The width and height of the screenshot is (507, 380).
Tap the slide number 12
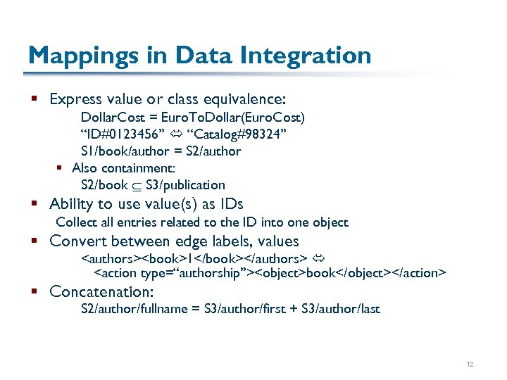pyautogui.click(x=470, y=365)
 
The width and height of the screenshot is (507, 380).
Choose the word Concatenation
pyautogui.click(x=101, y=291)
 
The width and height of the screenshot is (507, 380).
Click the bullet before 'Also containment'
pyautogui.click(x=61, y=168)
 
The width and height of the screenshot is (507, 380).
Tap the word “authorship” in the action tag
pyautogui.click(x=199, y=273)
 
